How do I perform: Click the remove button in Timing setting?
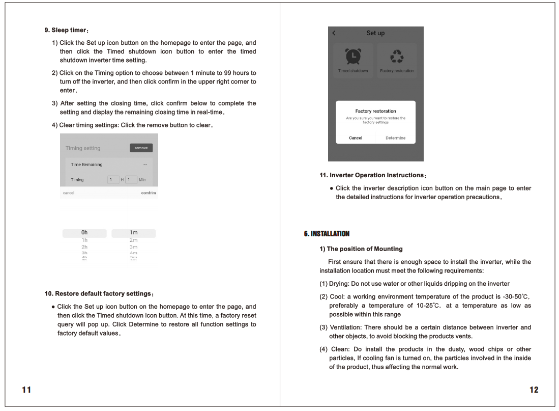[141, 148]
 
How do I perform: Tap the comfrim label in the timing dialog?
[149, 193]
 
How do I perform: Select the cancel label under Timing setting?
[69, 193]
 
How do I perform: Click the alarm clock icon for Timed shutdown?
[353, 57]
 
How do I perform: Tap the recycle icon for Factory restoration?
[397, 57]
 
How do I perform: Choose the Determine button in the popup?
[395, 138]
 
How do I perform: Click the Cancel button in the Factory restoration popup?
[356, 138]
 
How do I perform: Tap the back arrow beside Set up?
[334, 33]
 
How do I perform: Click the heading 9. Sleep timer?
[67, 30]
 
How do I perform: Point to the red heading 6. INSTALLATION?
[327, 234]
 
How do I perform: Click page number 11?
[26, 390]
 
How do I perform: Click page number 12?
[534, 390]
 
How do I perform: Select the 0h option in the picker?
[84, 233]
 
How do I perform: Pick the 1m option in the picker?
[133, 233]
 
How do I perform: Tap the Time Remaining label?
[86, 165]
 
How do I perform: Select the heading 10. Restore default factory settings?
[99, 294]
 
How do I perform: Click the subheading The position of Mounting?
[361, 249]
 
